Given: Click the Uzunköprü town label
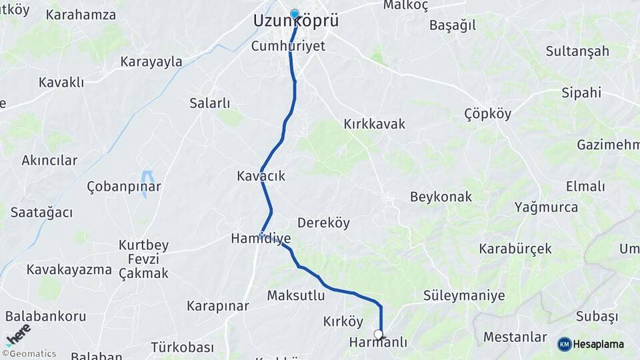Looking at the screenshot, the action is point(296,21).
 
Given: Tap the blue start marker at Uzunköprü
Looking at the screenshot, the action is point(295,13).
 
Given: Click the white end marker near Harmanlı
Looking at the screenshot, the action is point(379,334).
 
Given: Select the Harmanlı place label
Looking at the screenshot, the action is point(378,342).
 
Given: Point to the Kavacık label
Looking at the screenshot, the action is point(261,176).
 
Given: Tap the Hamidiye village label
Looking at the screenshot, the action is point(261,238).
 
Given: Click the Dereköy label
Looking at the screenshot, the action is point(323,223).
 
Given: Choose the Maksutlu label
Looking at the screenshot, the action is point(296,295).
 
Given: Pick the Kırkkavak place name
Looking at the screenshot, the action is point(374,124).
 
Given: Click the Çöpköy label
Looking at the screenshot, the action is point(488,113).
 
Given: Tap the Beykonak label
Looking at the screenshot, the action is point(441,197).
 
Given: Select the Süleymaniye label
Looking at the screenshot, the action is point(464,295).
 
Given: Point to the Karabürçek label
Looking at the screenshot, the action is point(515,249).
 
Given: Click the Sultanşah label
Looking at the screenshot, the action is point(577,51).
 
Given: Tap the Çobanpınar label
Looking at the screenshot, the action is point(124,187).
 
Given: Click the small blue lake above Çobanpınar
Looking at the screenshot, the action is point(148,178).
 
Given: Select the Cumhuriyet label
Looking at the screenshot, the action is point(289,46).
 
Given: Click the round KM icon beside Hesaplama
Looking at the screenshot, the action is point(565,344).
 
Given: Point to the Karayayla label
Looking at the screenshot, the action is point(151,62).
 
